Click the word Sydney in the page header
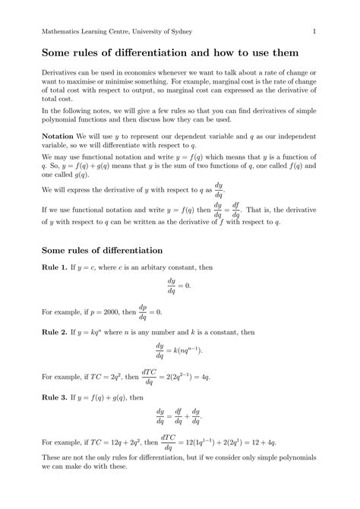177,30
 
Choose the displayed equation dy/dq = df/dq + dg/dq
179,416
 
